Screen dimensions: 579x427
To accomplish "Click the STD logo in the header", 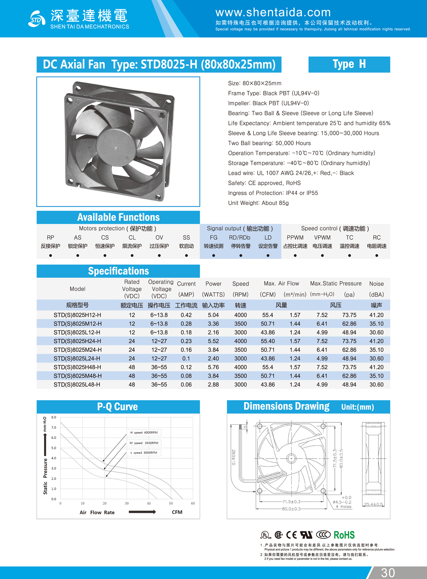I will point(37,19).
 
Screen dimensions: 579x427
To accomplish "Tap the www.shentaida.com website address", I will point(273,12).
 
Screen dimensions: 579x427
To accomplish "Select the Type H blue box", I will point(349,64).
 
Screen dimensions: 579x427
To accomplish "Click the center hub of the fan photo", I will point(116,147).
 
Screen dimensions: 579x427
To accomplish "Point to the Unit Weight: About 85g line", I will point(258,203).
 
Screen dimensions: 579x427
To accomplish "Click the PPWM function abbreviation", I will point(295,238).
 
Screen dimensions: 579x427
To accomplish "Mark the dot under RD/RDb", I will point(241,255).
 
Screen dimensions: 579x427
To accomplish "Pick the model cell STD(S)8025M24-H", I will point(78,350).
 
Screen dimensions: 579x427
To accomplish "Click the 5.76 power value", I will point(213,367).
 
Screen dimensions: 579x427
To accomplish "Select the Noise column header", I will point(376,284).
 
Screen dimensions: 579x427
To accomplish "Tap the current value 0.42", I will point(186,315).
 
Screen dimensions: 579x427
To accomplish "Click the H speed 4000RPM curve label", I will point(144,433).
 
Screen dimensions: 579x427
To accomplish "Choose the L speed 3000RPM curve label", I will point(144,453).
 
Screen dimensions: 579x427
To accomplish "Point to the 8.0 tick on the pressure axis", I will point(54,417).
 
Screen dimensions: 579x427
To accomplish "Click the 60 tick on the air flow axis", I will point(193,503).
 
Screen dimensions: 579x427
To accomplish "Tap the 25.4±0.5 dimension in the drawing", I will point(373,504).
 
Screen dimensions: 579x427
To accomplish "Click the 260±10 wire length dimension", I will point(233,457).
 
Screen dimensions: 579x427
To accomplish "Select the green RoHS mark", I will point(344,535).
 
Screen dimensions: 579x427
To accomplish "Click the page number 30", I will point(388,572).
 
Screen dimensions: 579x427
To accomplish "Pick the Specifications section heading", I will point(118,271).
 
